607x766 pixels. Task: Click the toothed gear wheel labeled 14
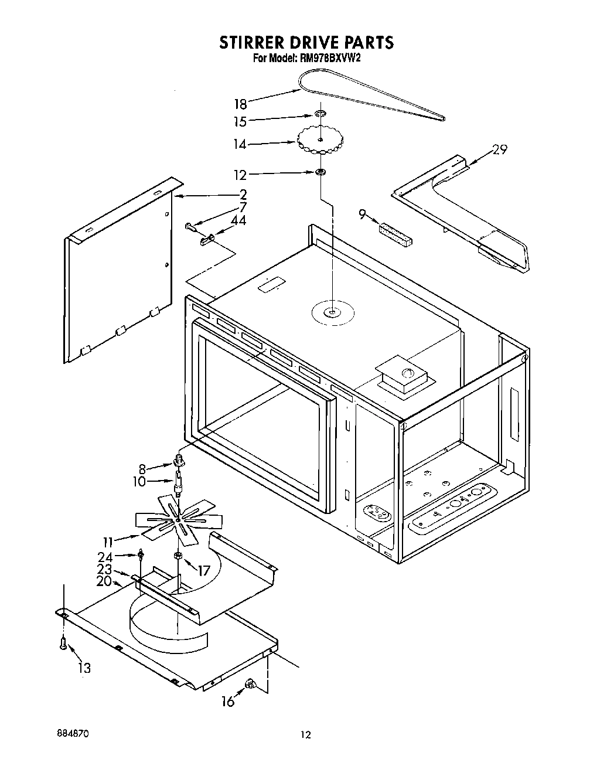[x=320, y=140]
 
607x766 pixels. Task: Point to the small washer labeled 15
[x=320, y=113]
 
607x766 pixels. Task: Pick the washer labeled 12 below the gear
[x=320, y=172]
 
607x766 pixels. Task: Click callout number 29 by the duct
[x=500, y=149]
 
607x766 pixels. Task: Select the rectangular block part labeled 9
[x=395, y=231]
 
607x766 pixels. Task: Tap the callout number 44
[x=238, y=220]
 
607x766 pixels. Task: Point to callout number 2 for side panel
[x=243, y=195]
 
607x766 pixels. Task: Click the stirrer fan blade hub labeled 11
[x=178, y=518]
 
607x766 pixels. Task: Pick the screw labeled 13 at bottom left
[x=62, y=644]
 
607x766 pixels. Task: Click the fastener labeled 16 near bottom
[x=250, y=682]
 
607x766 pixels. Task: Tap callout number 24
[x=105, y=557]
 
